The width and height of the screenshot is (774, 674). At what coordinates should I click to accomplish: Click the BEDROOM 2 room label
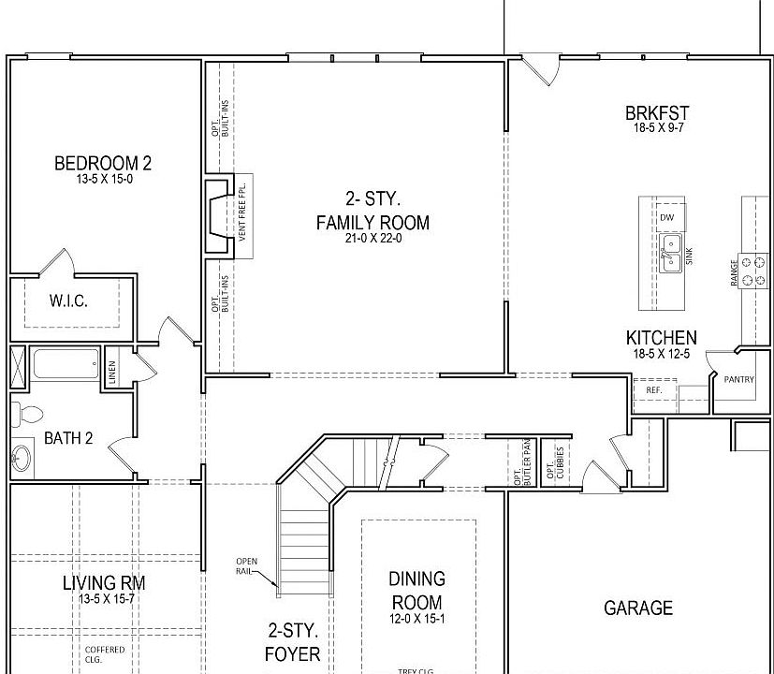pyautogui.click(x=103, y=164)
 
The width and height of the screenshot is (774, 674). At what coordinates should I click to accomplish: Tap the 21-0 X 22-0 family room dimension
pyautogui.click(x=372, y=239)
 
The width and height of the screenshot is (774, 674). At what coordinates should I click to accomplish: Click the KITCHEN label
pyautogui.click(x=661, y=338)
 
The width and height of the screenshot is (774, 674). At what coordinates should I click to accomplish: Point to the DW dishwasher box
pyautogui.click(x=666, y=217)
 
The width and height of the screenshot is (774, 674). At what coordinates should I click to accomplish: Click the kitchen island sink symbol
pyautogui.click(x=670, y=253)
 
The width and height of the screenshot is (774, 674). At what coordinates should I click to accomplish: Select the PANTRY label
pyautogui.click(x=738, y=379)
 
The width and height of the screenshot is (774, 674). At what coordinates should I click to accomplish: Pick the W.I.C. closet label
pyautogui.click(x=67, y=301)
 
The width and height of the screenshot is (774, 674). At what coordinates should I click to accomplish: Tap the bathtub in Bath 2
pyautogui.click(x=66, y=364)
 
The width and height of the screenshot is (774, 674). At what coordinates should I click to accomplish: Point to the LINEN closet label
pyautogui.click(x=112, y=372)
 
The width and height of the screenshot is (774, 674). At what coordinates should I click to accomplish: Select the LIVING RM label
pyautogui.click(x=103, y=583)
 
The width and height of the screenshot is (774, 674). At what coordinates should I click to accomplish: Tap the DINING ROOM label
pyautogui.click(x=417, y=591)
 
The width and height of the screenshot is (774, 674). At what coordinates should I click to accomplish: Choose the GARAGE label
pyautogui.click(x=638, y=608)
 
